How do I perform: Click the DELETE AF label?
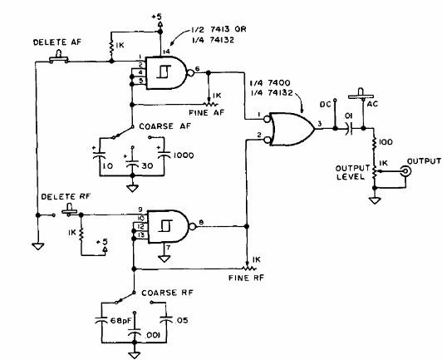point(57,42)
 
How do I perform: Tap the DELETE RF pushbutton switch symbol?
point(69,210)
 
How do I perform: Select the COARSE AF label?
point(165,126)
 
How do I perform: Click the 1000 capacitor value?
point(184,155)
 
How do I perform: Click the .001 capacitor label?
point(154,335)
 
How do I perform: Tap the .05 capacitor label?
point(181,320)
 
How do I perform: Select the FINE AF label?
point(207,113)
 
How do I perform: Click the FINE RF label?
point(246,278)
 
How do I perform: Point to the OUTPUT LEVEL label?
point(352,172)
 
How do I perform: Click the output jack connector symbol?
point(405,170)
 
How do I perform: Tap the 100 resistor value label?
point(385,142)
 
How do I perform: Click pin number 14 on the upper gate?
point(167,52)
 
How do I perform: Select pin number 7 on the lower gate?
point(169,248)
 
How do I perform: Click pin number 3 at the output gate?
point(319,124)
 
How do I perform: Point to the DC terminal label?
point(325,105)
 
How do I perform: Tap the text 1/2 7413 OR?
point(219,29)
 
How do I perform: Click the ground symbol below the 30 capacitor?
point(132,188)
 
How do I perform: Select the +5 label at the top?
point(157,17)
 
